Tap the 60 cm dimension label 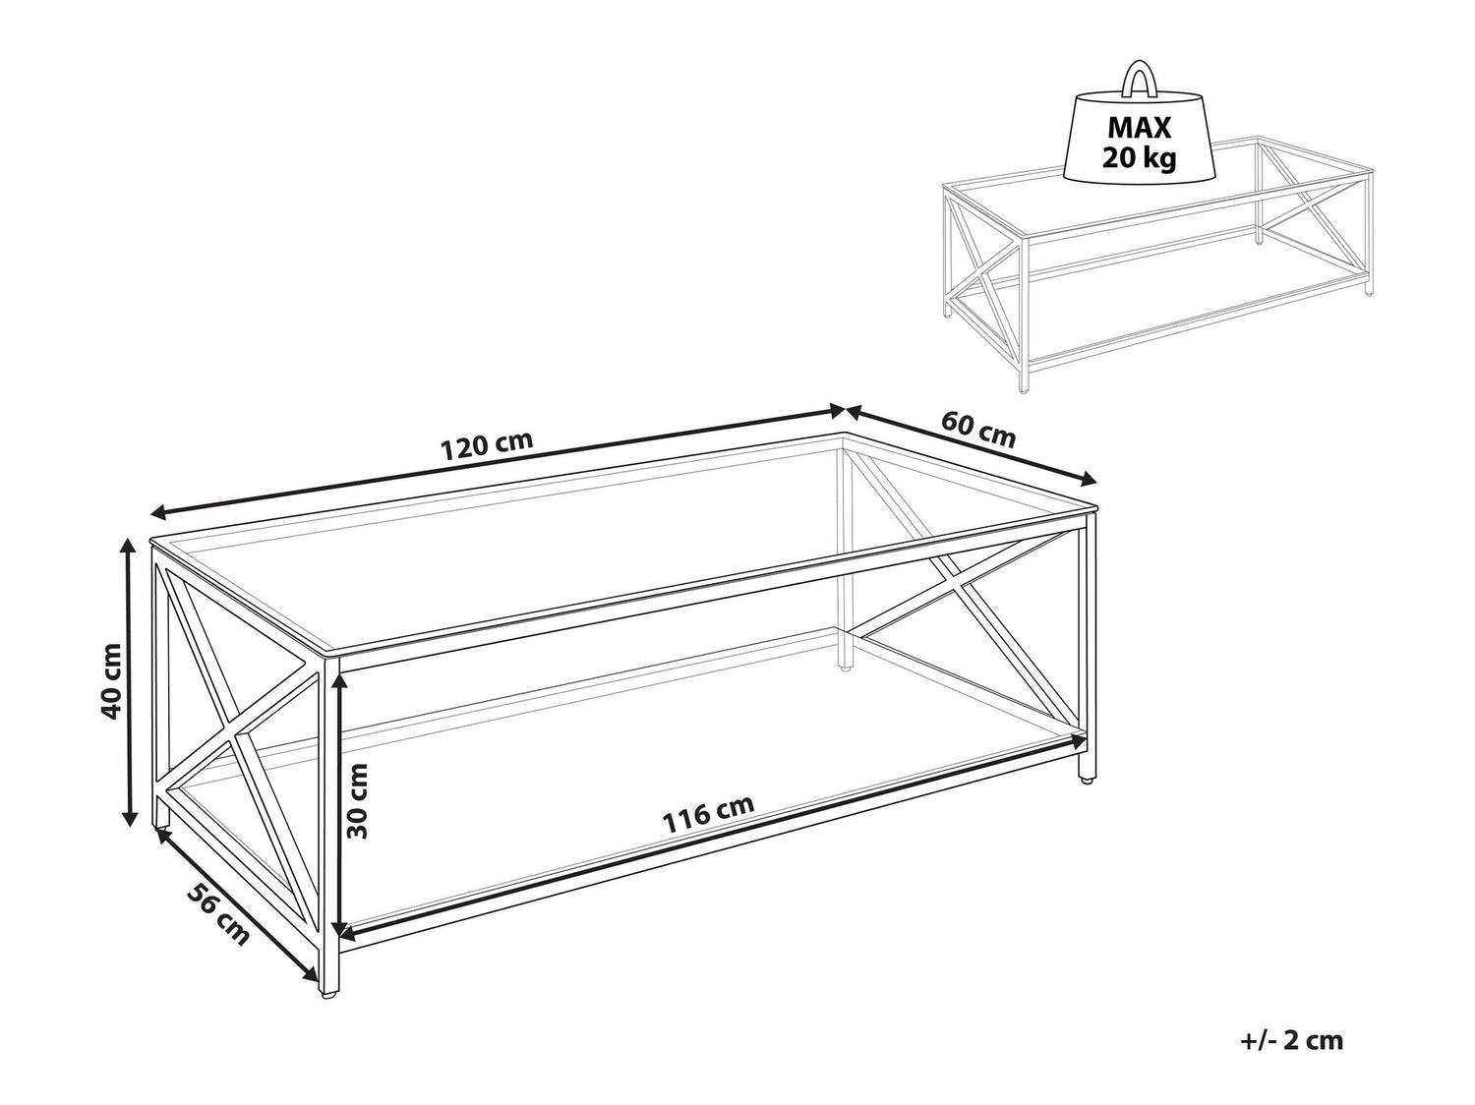click(977, 429)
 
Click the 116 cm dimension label click(708, 812)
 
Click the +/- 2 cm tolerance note click(1291, 1040)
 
